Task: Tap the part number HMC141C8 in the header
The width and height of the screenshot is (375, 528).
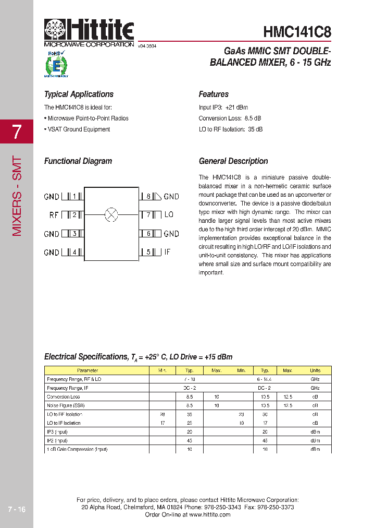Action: point(297,32)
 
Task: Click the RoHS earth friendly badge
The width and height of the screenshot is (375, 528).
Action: point(56,64)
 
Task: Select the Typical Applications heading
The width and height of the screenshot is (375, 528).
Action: point(79,94)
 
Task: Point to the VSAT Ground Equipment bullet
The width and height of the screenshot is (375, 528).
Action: point(77,129)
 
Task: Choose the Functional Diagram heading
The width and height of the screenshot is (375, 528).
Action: point(78,161)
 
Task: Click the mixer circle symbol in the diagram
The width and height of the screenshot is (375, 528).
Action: point(111,214)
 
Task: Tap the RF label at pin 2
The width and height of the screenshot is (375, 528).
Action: point(54,215)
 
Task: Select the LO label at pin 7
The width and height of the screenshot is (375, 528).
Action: point(169,214)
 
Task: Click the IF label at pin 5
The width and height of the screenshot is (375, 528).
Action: point(167,252)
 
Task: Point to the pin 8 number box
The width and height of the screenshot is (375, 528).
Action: point(148,196)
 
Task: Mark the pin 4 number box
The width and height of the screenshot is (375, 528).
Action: point(75,253)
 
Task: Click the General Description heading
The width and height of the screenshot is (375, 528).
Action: point(233,161)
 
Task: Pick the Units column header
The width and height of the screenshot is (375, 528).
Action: point(315,370)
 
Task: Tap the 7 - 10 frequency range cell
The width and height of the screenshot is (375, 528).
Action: point(190,379)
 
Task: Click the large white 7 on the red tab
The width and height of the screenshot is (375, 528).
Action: point(17,131)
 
